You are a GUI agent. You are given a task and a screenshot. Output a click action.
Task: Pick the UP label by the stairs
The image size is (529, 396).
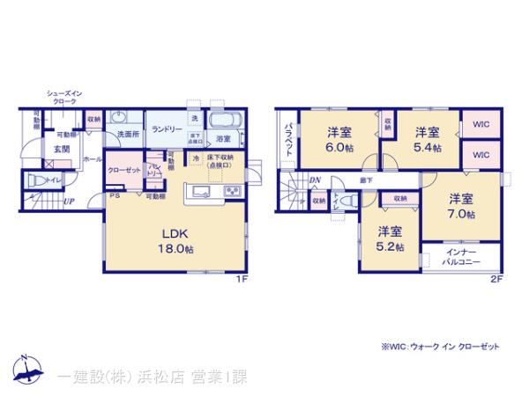pyautogui.click(x=68, y=202)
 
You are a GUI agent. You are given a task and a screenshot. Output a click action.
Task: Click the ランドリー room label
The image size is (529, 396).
pyautogui.click(x=167, y=128)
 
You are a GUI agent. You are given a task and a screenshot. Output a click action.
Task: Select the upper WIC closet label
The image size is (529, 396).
pyautogui.click(x=481, y=126)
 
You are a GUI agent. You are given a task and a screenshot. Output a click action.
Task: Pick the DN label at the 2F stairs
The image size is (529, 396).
pyautogui.click(x=315, y=180)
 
